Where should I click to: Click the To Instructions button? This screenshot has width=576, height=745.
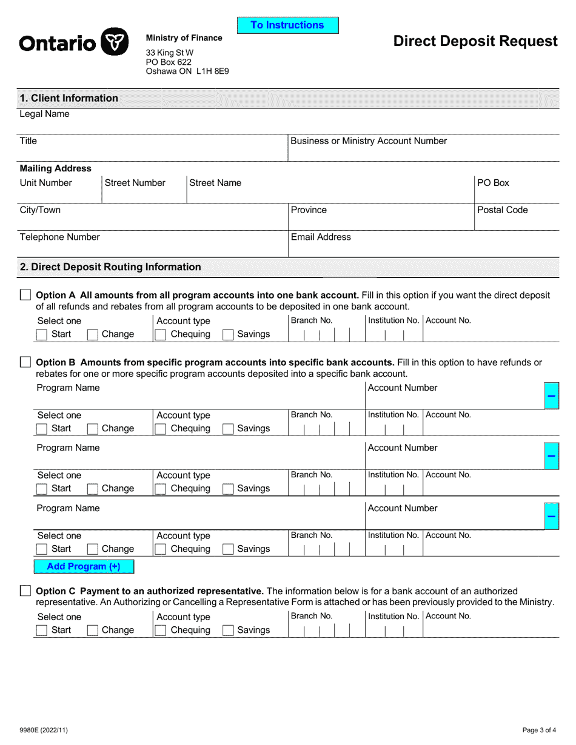tap(287, 25)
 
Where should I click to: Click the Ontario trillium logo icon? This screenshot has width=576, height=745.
tap(114, 42)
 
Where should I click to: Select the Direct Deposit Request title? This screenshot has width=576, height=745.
tap(475, 41)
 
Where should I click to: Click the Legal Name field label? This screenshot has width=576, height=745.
tap(45, 114)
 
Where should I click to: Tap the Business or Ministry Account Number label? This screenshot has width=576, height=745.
tap(369, 141)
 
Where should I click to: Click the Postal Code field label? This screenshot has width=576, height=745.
tap(502, 210)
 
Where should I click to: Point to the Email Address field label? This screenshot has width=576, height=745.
tap(321, 237)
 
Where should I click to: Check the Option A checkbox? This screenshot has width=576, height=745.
tap(25, 295)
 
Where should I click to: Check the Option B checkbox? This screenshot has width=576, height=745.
tap(25, 362)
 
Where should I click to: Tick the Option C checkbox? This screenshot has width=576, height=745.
tap(25, 591)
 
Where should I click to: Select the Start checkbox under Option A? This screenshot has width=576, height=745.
tap(42, 334)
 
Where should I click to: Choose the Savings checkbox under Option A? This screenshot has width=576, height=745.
tap(228, 334)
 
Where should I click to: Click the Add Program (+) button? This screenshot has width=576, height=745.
tap(84, 567)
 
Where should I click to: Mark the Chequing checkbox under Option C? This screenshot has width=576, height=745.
tap(161, 631)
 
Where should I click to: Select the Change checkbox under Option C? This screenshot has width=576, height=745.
tap(93, 631)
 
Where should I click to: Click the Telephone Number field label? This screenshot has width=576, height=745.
tap(60, 237)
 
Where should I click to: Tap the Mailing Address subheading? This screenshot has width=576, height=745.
tap(56, 169)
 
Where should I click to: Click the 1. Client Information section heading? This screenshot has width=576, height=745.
tap(69, 98)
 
